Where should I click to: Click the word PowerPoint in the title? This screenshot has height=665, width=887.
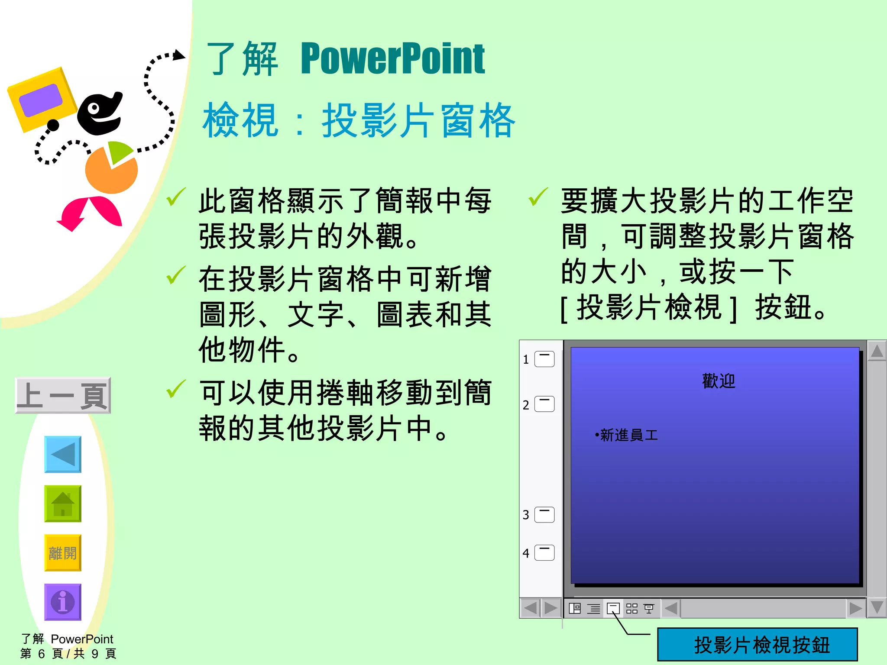pyautogui.click(x=392, y=59)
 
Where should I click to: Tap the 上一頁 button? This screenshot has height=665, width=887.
pyautogui.click(x=63, y=395)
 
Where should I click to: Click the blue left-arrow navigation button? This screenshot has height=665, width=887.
pyautogui.click(x=63, y=454)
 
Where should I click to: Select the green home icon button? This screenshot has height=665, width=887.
pyautogui.click(x=63, y=504)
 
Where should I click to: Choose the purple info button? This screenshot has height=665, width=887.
pyautogui.click(x=63, y=602)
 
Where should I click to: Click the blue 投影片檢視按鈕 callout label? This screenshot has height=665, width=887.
pyautogui.click(x=758, y=644)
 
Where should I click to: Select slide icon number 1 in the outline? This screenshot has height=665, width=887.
pyautogui.click(x=544, y=359)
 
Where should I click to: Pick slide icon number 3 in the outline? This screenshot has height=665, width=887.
pyautogui.click(x=544, y=515)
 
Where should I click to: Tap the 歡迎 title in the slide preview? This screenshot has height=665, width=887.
pyautogui.click(x=719, y=381)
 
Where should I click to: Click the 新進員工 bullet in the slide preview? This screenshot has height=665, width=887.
pyautogui.click(x=628, y=435)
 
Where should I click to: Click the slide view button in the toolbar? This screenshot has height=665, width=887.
pyautogui.click(x=613, y=608)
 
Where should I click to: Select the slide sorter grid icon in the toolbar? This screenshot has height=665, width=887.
pyautogui.click(x=632, y=608)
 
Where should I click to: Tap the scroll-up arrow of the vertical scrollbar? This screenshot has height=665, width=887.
pyautogui.click(x=877, y=351)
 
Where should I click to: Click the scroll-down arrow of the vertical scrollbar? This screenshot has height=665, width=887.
pyautogui.click(x=877, y=607)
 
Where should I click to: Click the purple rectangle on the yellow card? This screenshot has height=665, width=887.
pyautogui.click(x=41, y=100)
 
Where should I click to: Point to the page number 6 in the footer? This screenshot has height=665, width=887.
pyautogui.click(x=42, y=653)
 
